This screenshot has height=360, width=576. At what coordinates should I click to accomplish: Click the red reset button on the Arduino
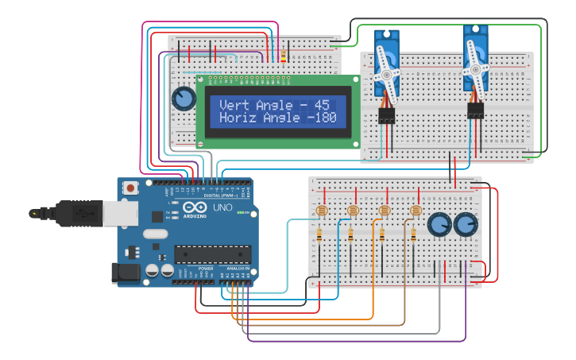(130, 189)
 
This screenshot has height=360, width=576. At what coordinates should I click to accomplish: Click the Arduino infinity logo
(194, 207)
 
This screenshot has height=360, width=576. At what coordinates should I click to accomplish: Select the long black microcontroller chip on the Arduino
(212, 254)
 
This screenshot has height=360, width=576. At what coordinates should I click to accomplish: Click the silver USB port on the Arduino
(121, 213)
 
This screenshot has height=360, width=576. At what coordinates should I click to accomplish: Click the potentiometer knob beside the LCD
(184, 99)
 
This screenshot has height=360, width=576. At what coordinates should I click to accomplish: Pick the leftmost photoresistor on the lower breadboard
(321, 211)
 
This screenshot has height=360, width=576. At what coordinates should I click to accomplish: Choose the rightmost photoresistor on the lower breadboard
(414, 211)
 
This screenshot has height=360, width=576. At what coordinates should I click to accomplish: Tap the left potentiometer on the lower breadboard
(438, 225)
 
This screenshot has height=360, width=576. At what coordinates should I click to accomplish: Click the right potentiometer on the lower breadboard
(466, 225)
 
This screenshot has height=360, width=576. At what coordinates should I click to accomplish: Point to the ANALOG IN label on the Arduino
(238, 269)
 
